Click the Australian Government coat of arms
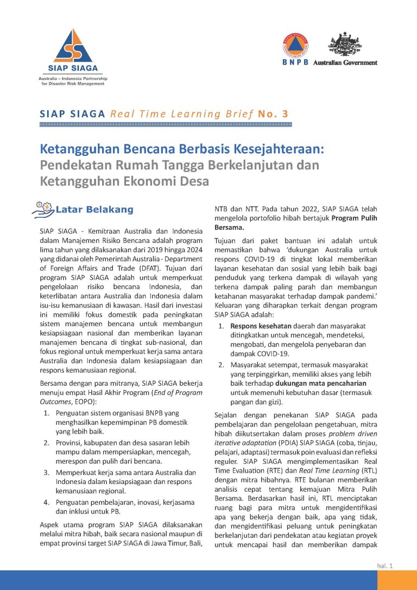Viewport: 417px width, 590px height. click(x=344, y=44)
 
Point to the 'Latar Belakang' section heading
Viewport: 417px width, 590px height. click(x=94, y=210)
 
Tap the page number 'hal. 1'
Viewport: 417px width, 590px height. click(x=384, y=566)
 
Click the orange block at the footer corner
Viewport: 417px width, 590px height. click(x=397, y=580)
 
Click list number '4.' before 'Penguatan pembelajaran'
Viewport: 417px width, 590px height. click(x=47, y=502)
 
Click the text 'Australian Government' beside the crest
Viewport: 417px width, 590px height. click(x=352, y=62)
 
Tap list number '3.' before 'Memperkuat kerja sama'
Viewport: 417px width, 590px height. click(x=47, y=472)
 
